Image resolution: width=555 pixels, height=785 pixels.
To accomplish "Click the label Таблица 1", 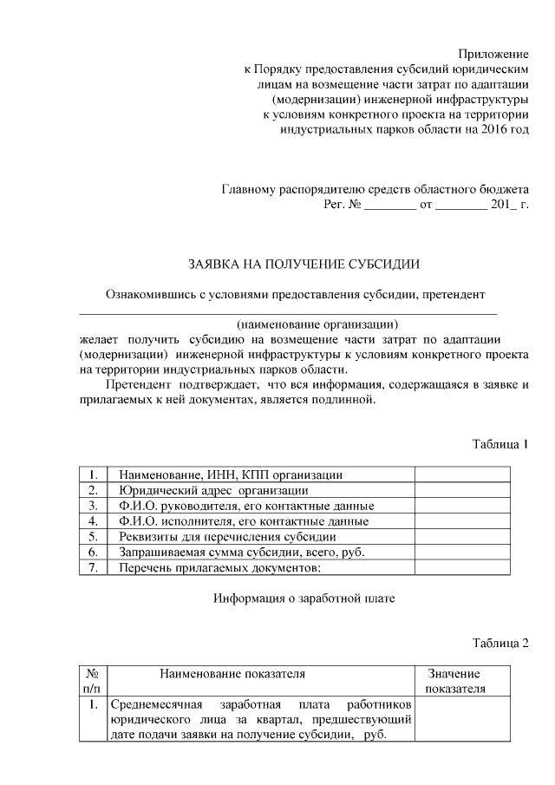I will tap(500, 444).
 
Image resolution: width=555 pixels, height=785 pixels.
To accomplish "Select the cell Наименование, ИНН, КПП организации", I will tap(230, 474).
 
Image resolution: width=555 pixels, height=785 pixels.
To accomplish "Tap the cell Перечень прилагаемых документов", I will tap(220, 568).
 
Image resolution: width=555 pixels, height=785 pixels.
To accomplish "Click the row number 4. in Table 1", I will tap(92, 521).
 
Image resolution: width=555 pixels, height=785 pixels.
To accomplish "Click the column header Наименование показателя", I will tap(232, 673).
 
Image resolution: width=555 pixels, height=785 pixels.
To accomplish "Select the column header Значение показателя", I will tap(454, 681).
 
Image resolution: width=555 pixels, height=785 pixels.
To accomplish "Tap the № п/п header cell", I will tap(91, 681).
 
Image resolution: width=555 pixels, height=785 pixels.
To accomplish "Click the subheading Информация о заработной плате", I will tap(304, 599).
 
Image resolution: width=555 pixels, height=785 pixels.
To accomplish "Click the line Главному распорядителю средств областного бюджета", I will tap(375, 189).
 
